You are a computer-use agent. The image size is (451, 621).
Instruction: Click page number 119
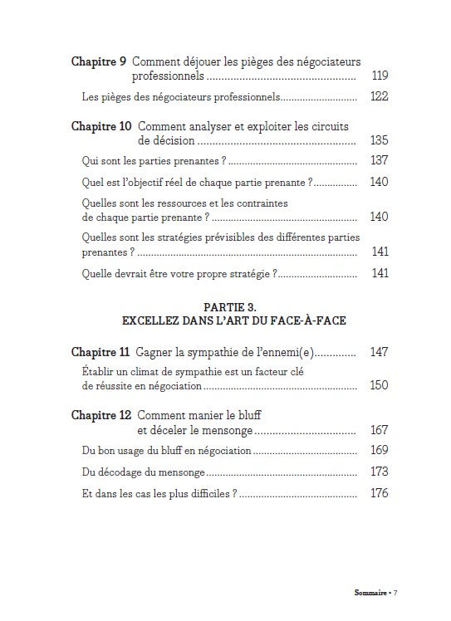(379, 76)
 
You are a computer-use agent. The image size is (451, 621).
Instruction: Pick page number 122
(379, 97)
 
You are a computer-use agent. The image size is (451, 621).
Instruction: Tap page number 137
(379, 160)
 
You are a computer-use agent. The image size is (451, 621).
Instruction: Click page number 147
(379, 352)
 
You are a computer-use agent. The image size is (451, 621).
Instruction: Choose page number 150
(379, 386)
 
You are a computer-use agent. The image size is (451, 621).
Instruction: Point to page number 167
(379, 430)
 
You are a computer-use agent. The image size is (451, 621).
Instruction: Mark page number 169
(379, 451)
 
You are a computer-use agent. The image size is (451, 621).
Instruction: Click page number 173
(379, 472)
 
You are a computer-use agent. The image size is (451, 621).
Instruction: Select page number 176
(379, 493)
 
